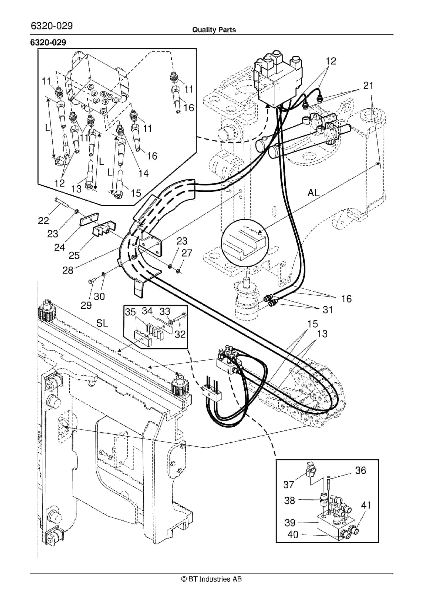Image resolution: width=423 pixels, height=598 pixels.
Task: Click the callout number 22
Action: (x=44, y=221)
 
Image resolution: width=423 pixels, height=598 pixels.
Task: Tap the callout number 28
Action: (x=68, y=270)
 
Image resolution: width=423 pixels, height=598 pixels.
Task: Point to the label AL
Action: (x=313, y=193)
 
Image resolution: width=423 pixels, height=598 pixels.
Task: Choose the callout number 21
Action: (x=368, y=86)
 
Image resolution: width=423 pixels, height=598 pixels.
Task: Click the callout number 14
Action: (x=143, y=173)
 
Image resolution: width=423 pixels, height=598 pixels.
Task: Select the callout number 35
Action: (x=130, y=312)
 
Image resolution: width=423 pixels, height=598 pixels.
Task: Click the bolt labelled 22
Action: (x=62, y=202)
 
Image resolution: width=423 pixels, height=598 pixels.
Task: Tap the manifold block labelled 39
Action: (x=336, y=524)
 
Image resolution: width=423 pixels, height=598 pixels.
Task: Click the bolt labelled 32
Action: (x=181, y=317)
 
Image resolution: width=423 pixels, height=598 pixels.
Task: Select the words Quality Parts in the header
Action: (x=214, y=30)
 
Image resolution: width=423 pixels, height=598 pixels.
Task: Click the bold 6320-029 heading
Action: (x=48, y=42)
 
